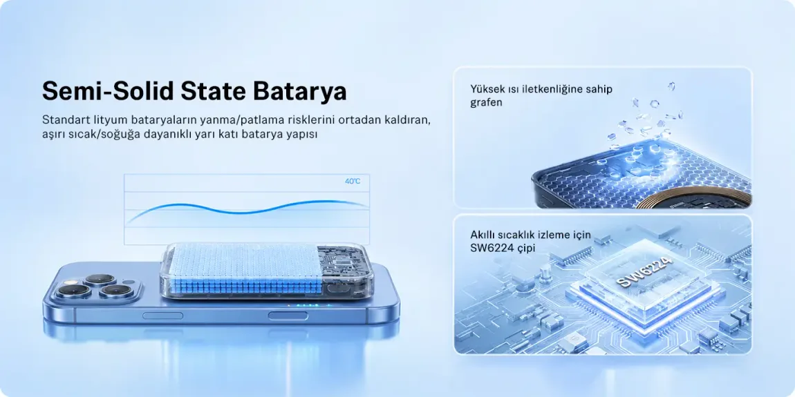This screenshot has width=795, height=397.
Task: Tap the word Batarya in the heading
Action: tap(299, 92)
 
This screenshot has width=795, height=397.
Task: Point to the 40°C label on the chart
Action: tap(353, 182)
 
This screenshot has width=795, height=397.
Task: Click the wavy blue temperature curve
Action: tap(247, 209)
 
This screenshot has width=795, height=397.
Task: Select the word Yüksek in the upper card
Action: tap(488, 90)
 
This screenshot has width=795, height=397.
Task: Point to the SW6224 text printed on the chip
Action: tap(644, 273)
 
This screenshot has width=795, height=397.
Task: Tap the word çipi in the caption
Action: tap(525, 249)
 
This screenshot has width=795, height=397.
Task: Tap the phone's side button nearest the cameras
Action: tap(162, 316)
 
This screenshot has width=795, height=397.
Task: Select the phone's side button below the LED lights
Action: tap(288, 316)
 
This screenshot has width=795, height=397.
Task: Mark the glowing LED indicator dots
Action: tap(303, 305)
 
